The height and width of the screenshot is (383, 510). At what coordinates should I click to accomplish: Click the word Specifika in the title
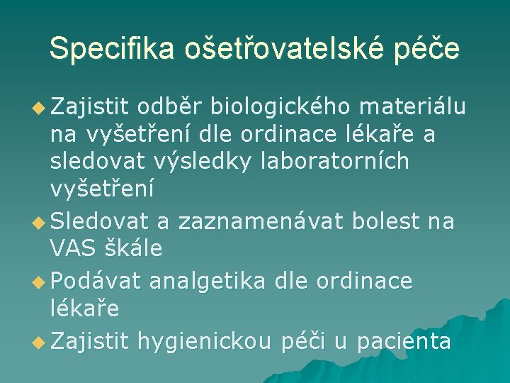[x=113, y=48]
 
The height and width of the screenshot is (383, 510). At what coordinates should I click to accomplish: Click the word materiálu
[x=412, y=107]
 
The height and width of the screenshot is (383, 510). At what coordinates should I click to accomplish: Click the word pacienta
[x=404, y=341]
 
